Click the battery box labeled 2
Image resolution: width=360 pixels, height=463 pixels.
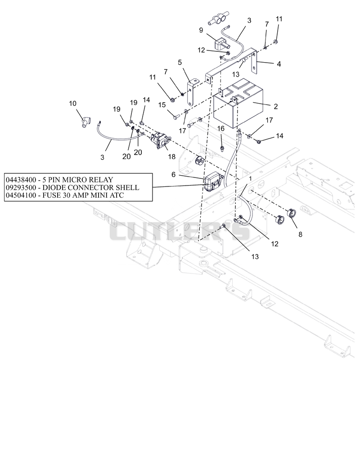(238, 103)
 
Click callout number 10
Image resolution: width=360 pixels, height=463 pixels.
(72, 103)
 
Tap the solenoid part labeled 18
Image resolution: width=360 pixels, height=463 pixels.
(160, 141)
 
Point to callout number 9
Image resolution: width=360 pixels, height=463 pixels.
(201, 30)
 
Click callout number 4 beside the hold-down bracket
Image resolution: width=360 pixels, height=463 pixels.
(279, 64)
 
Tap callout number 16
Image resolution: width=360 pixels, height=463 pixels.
(220, 128)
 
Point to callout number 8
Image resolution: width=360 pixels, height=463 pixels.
(301, 235)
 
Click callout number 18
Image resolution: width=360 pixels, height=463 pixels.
(172, 157)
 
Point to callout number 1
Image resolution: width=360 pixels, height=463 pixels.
(251, 179)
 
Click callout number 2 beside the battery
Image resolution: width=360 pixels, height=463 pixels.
(275, 106)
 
